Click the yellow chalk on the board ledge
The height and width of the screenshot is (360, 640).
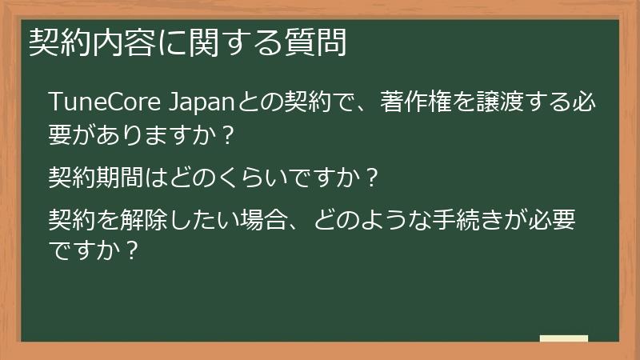(564, 339)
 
